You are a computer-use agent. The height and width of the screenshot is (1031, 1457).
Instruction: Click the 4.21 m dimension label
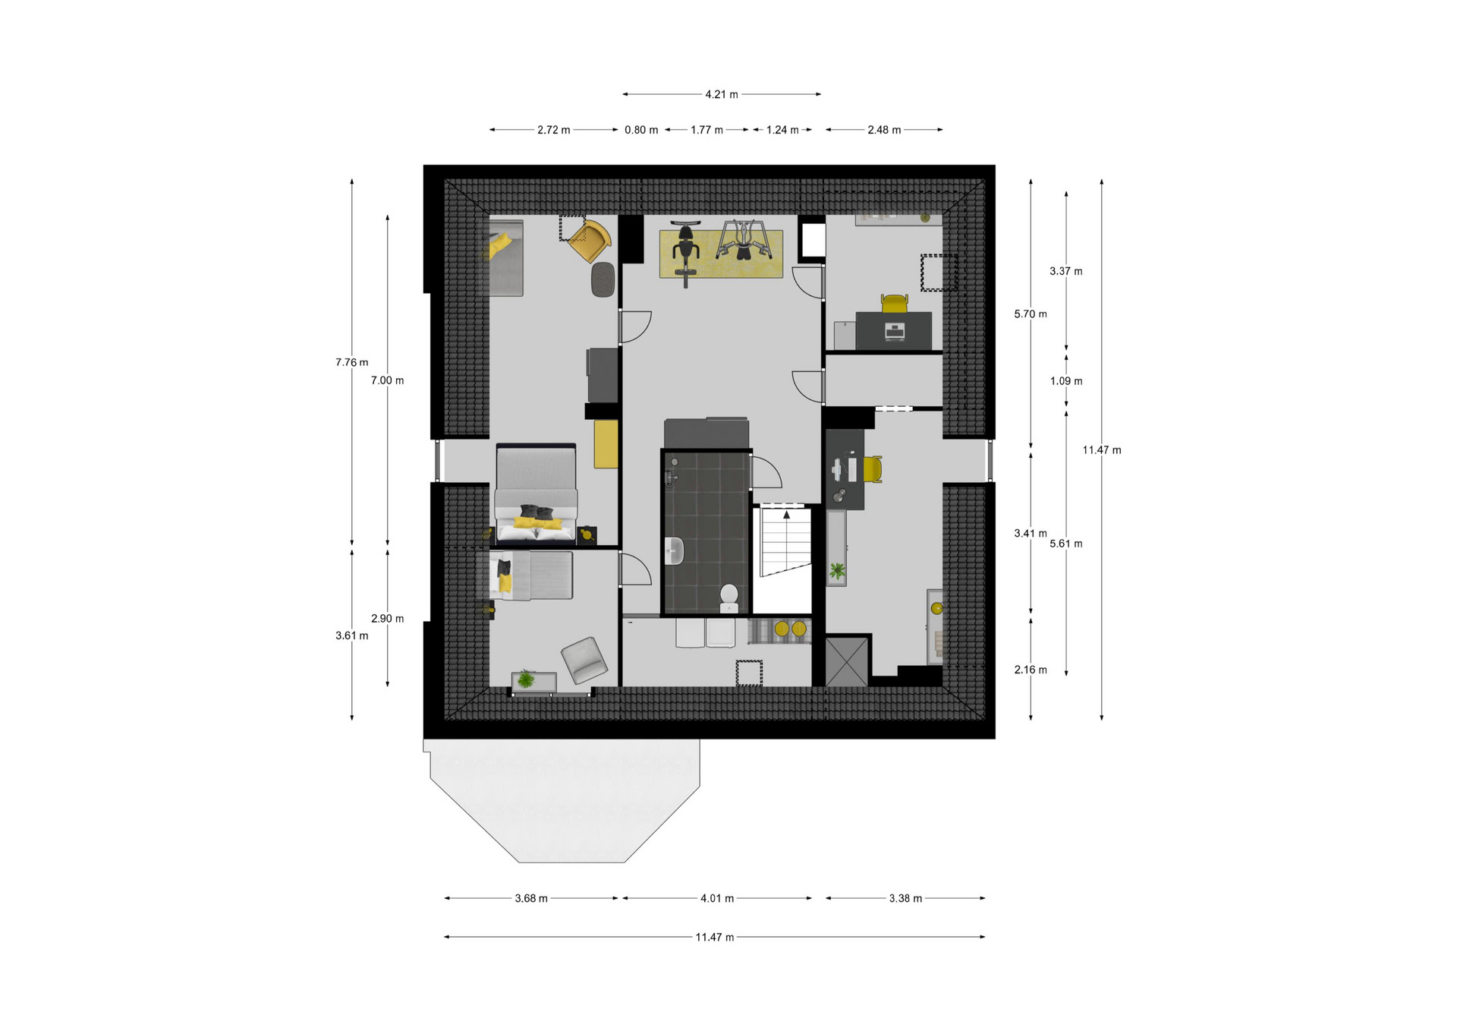tap(721, 95)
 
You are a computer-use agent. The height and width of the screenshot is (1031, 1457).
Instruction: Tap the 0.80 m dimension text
tap(641, 130)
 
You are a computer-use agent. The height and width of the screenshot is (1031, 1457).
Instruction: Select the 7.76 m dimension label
tap(351, 362)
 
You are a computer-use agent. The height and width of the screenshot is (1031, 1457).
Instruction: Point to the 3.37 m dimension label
tap(1066, 271)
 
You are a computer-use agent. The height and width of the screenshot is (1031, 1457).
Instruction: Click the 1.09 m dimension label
tap(1066, 381)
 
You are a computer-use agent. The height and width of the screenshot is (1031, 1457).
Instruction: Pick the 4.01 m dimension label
tap(717, 898)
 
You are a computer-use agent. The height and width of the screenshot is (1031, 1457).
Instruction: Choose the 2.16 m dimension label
tap(1031, 670)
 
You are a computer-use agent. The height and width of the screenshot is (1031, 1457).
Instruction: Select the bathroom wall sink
tap(674, 551)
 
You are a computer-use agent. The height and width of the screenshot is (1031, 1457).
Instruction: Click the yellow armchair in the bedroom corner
tap(589, 241)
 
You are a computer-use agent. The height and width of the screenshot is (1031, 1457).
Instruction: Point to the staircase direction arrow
tap(787, 515)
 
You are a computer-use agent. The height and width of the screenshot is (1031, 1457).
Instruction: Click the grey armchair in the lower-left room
tap(584, 659)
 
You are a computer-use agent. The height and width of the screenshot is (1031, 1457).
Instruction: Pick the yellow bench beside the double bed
tap(606, 443)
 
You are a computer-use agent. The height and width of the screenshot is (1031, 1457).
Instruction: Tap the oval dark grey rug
tap(603, 279)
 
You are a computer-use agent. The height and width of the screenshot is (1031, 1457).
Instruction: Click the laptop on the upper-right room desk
tap(895, 332)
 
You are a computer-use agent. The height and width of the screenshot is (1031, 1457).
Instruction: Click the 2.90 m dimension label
tap(387, 619)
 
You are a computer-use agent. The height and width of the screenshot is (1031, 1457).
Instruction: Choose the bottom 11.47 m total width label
tap(715, 938)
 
